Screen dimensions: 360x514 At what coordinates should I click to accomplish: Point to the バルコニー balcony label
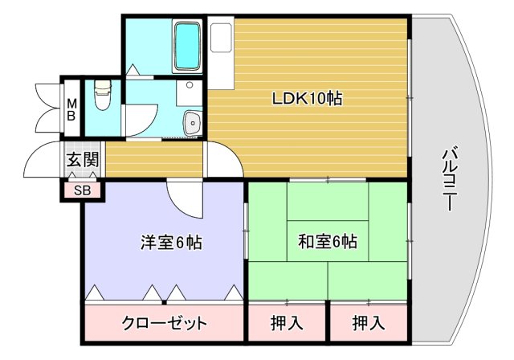click(450, 178)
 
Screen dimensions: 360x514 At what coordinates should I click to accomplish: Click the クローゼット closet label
click(165, 324)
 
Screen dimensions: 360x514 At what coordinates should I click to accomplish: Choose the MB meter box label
click(71, 109)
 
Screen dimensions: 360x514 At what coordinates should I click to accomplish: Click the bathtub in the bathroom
click(187, 47)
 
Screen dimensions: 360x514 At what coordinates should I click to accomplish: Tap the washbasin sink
click(193, 124)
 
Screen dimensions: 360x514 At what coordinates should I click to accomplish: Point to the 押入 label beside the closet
click(287, 324)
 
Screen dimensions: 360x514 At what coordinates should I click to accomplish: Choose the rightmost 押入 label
click(369, 324)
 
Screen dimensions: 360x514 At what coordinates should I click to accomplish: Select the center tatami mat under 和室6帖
click(328, 240)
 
